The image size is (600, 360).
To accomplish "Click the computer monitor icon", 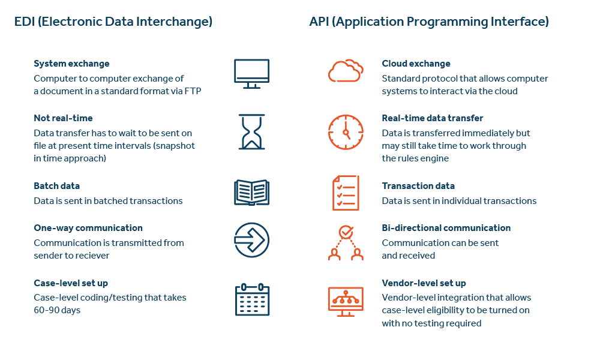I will coord(251,73).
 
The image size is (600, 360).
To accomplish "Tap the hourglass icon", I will coord(251,131).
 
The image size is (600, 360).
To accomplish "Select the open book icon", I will coord(251,192).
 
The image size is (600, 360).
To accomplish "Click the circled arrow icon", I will coord(251,240).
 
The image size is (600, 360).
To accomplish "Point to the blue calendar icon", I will coord(251,299).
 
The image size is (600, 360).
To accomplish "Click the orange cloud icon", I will coord(346,71).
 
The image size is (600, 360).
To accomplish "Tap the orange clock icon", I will coord(346,131).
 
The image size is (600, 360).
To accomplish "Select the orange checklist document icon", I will coord(346,193).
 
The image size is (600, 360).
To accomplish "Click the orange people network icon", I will coord(346,242).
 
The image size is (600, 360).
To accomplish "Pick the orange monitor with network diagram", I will coord(346,299).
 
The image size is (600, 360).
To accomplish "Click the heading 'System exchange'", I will coord(71,64).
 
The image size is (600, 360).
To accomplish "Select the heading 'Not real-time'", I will coord(63,118).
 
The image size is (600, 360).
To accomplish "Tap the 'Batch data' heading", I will coord(56,186).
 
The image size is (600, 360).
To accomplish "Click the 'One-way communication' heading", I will coord(88,228).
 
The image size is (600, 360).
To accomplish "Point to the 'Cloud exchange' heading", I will coord(416,64).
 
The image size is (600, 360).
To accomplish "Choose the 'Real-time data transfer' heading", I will coord(433,118).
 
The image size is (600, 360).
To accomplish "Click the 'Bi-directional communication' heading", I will coord(446,228).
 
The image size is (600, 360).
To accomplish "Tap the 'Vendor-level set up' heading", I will coord(424,283).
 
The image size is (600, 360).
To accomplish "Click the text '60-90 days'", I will coord(57,310).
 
